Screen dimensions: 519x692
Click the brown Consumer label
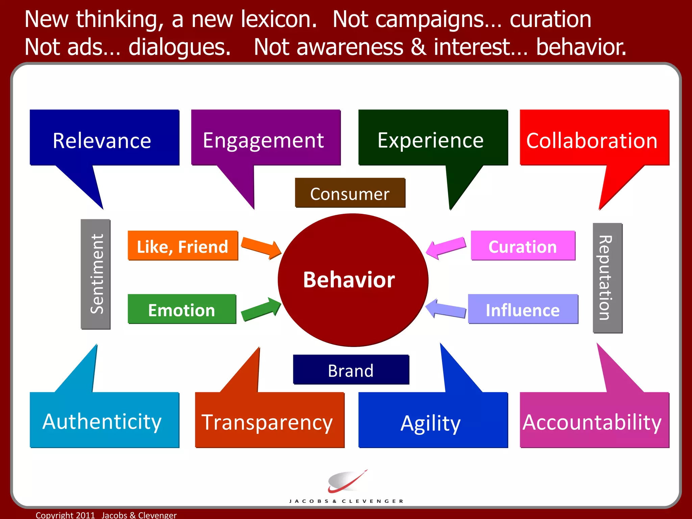coord(350,193)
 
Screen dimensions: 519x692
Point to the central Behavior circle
coord(353,280)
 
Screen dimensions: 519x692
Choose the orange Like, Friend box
coord(183,246)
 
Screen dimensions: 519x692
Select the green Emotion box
coord(182,309)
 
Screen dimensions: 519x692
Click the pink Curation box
coord(523,246)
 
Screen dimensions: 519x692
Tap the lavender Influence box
coord(523,309)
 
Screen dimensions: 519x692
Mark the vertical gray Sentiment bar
coord(96,274)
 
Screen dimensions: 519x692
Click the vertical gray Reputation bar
coord(607,278)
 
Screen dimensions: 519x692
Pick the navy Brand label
coord(351,370)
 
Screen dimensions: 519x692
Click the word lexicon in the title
coord(278,20)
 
